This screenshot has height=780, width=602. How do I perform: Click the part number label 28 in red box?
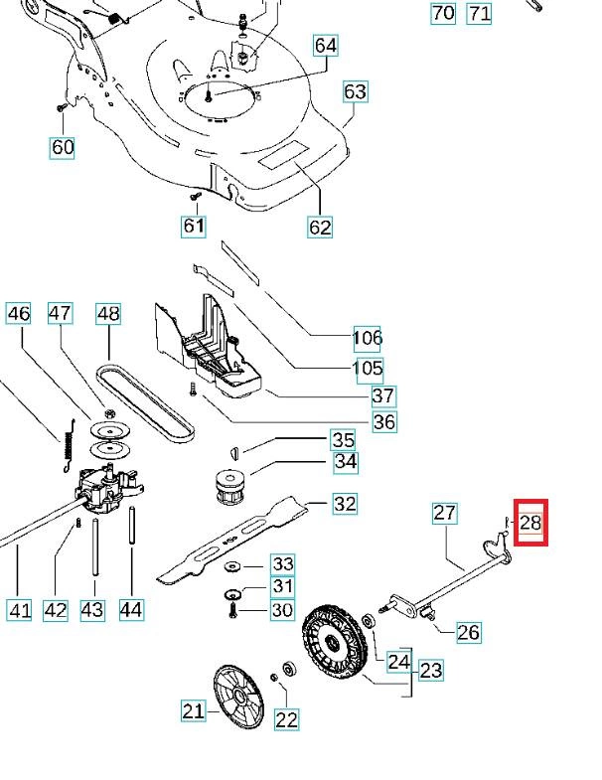pyautogui.click(x=529, y=522)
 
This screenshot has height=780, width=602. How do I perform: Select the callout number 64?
pyautogui.click(x=325, y=46)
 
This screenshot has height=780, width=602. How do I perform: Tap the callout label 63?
pyautogui.click(x=355, y=92)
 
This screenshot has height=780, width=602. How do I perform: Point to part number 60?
pyautogui.click(x=63, y=147)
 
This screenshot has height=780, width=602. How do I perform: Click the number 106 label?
pyautogui.click(x=368, y=339)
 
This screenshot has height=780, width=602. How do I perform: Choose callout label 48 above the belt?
pyautogui.click(x=108, y=314)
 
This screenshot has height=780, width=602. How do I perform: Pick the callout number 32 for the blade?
pyautogui.click(x=344, y=504)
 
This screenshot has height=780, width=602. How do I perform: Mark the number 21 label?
pyautogui.click(x=193, y=709)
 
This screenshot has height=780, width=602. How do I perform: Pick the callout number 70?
pyautogui.click(x=442, y=13)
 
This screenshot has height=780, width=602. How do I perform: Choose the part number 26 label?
pyautogui.click(x=468, y=631)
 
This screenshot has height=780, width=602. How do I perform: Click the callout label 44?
pyautogui.click(x=131, y=609)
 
